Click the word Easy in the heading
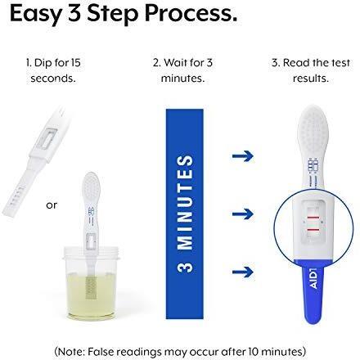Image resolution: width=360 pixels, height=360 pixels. (x=35, y=14)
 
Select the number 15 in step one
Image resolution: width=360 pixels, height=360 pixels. (x=76, y=63)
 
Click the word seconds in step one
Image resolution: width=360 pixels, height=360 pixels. (x=53, y=79)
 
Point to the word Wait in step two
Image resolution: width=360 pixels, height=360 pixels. (x=176, y=63)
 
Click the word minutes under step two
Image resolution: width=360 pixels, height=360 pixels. (x=182, y=79)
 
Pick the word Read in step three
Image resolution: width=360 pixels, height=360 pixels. (x=297, y=63)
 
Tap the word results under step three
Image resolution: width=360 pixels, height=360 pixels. (x=311, y=79)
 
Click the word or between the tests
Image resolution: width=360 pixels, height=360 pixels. (x=52, y=205)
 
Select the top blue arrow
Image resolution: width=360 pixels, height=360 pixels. (x=243, y=156)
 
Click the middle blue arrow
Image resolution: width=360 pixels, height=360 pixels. (x=243, y=214)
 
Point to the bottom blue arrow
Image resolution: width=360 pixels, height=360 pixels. (x=243, y=272)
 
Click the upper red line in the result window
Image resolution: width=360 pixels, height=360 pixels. (x=313, y=218)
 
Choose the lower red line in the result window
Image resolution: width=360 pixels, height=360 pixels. (x=313, y=230)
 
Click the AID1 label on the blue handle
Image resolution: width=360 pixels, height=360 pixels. (x=314, y=278)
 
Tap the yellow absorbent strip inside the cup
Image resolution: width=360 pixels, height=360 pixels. (x=91, y=287)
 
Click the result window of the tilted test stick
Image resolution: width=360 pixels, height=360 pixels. (x=47, y=138)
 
